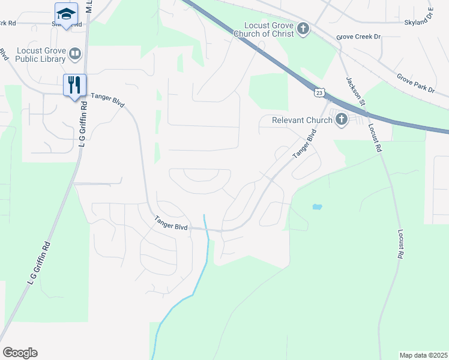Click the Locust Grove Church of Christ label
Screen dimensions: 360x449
tap(269, 29)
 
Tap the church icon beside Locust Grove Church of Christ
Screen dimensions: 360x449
tap(304, 28)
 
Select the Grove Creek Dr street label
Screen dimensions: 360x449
tap(359, 37)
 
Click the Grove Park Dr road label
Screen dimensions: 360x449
tap(415, 83)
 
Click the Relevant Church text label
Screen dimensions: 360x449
tap(302, 120)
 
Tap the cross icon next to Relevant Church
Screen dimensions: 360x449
tap(342, 119)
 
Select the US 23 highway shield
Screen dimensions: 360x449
tap(319, 92)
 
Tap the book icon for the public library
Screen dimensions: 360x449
tap(75, 55)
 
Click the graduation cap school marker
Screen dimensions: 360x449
tap(66, 13)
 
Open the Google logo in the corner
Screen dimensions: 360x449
tap(20, 353)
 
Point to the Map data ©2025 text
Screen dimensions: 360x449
tap(423, 355)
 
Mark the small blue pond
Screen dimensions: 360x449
tap(316, 207)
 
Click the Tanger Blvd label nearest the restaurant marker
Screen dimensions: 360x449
tap(107, 100)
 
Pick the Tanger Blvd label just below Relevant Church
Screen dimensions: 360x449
tap(304, 146)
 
